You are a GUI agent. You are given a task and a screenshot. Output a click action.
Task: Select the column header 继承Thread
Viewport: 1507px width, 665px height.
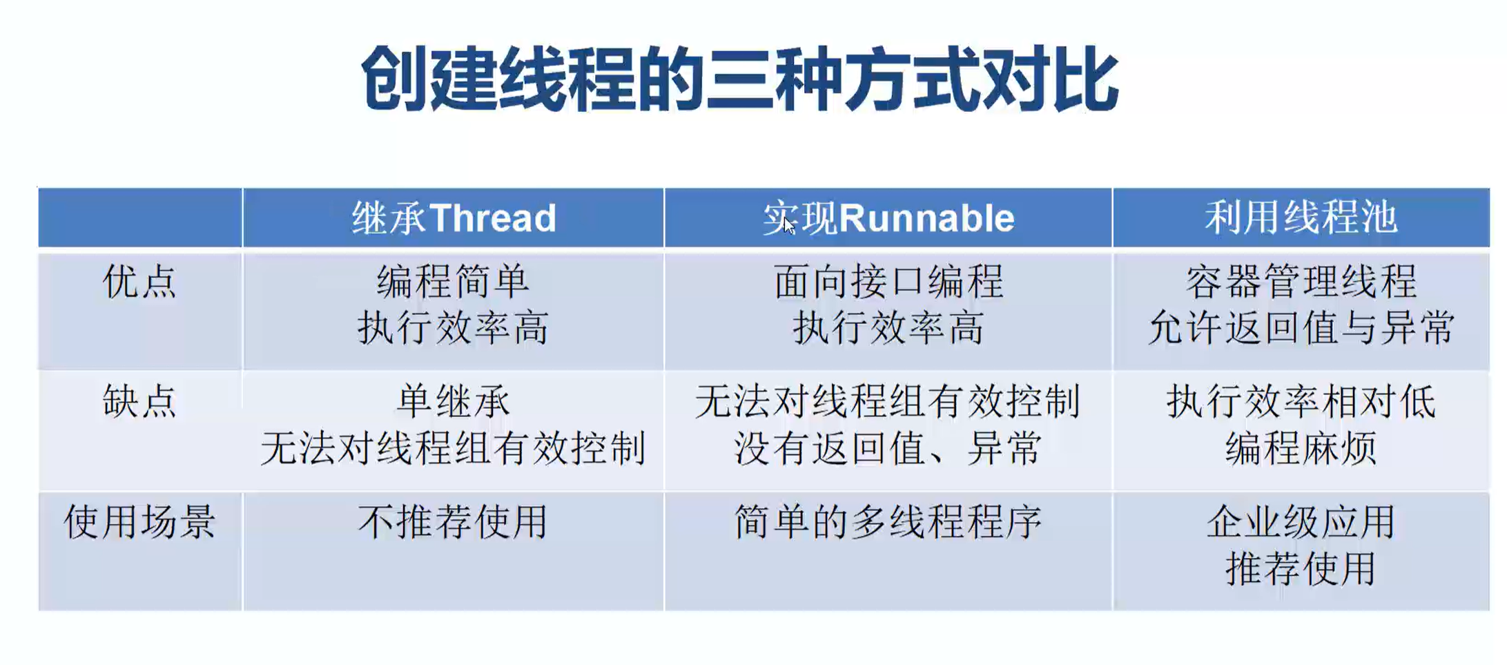click(x=454, y=218)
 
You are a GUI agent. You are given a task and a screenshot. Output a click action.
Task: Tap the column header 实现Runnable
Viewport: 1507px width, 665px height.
click(x=888, y=218)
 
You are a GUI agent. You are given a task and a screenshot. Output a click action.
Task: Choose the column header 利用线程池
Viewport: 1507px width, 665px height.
click(x=1301, y=218)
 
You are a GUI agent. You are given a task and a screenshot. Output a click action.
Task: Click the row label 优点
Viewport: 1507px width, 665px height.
click(x=139, y=282)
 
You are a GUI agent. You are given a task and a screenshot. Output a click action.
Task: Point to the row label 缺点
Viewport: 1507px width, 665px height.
click(x=139, y=401)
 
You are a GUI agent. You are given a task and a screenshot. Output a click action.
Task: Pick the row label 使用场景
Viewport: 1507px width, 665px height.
click(x=139, y=521)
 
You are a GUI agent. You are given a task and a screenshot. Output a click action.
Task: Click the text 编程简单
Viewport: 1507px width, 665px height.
click(x=454, y=282)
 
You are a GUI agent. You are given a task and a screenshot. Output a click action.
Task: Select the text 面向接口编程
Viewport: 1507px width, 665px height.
click(x=888, y=282)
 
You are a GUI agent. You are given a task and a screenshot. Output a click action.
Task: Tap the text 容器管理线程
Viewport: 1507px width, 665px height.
click(x=1301, y=282)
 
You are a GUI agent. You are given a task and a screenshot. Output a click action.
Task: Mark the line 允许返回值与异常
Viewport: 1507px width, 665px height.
click(x=1301, y=327)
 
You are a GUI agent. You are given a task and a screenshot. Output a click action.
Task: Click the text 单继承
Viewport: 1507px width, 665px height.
click(x=454, y=401)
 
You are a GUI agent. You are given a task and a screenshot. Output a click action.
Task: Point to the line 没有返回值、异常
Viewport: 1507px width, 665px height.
click(x=888, y=448)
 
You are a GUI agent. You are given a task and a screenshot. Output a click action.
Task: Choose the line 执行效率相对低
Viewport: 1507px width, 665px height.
click(x=1301, y=401)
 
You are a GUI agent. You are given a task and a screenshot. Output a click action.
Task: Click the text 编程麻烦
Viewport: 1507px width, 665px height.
click(x=1301, y=448)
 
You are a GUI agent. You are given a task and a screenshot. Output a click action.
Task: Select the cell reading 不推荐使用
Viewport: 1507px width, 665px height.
click(x=454, y=521)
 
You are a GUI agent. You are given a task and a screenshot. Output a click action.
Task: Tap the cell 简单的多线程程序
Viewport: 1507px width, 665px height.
click(x=888, y=521)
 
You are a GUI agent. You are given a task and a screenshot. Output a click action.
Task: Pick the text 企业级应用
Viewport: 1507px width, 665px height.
click(x=1301, y=521)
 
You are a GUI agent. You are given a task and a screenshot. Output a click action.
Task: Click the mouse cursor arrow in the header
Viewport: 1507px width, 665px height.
click(x=789, y=225)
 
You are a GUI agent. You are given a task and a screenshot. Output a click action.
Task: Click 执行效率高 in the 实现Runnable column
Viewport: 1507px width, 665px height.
click(x=888, y=327)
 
